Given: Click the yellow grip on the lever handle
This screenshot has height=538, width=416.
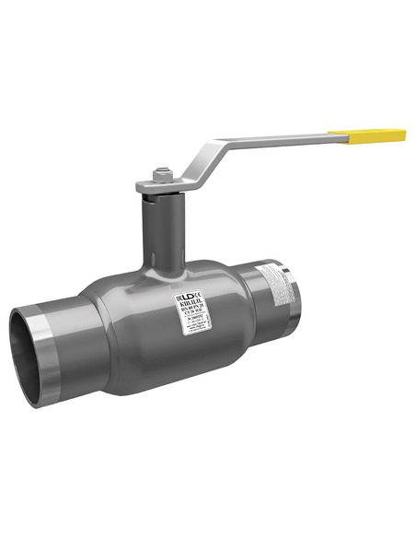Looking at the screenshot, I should coord(376,136).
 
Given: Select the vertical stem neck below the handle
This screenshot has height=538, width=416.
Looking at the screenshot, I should coord(161,230).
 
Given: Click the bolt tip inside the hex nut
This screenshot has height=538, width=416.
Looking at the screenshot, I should coord(161,170).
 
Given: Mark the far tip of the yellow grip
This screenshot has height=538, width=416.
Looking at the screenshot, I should coord(403,135).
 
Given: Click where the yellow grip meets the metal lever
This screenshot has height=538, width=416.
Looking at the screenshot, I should coord(348,138).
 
